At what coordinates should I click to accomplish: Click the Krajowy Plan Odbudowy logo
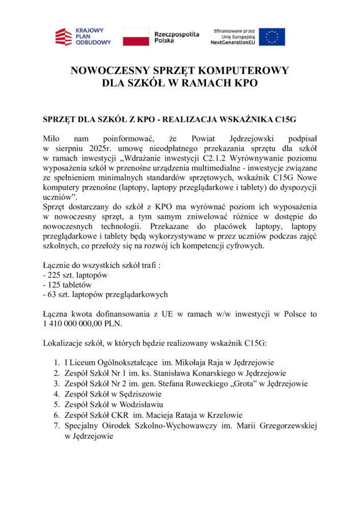click(82, 37)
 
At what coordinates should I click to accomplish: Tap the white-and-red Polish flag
click(135, 37)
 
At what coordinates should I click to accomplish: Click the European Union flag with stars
click(272, 37)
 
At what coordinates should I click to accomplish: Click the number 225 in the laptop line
click(53, 275)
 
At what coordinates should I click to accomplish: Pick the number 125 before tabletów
click(53, 285)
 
